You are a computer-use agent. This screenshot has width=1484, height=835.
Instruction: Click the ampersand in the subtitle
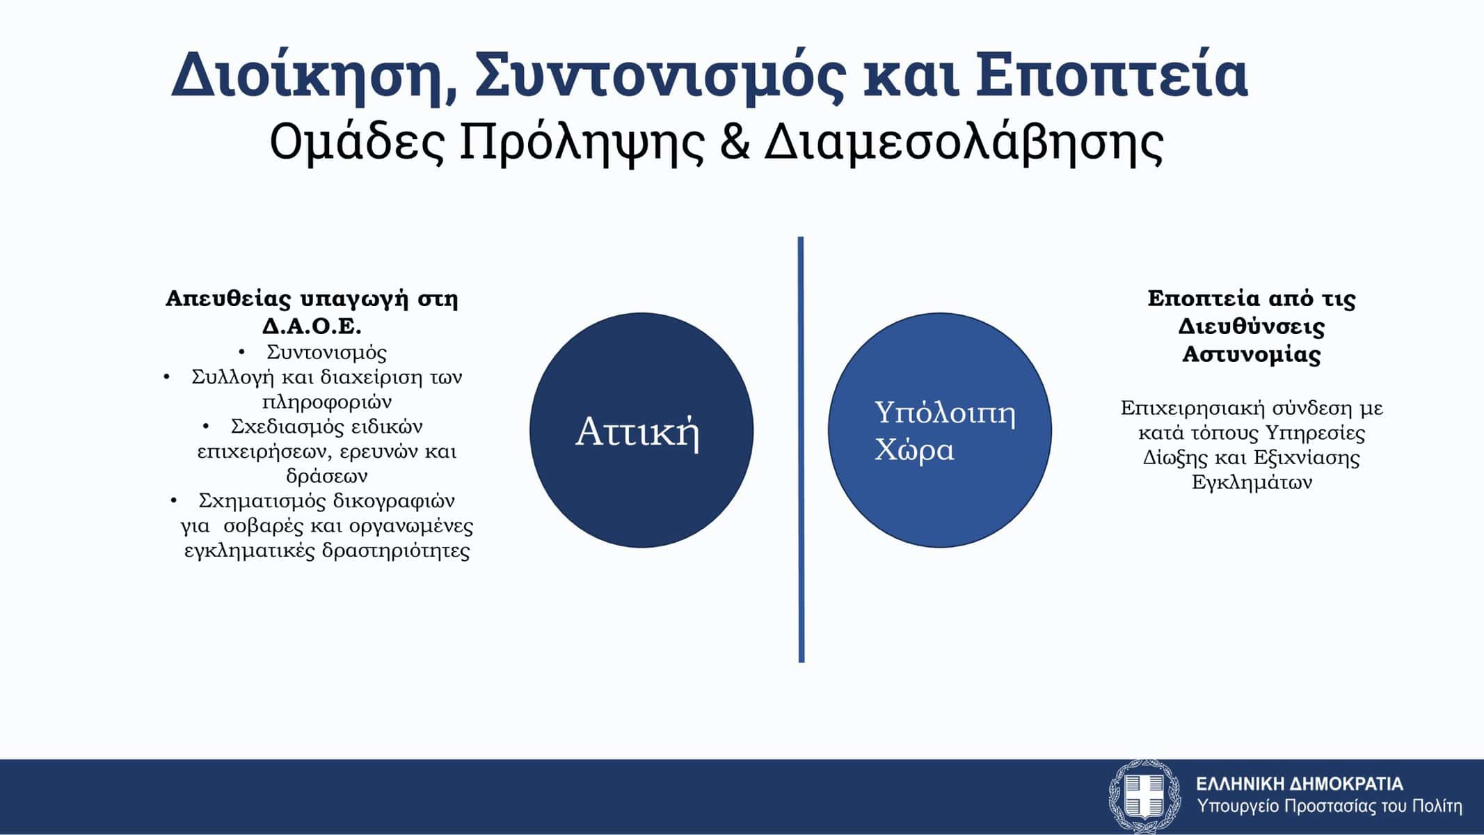(x=733, y=143)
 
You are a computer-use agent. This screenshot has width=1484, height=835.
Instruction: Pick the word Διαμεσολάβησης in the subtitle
(x=964, y=143)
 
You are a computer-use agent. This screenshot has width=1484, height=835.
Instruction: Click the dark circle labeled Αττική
(x=641, y=430)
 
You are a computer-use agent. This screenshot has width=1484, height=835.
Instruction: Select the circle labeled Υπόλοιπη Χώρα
(x=939, y=430)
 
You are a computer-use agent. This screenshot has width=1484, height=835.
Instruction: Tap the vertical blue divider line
(x=801, y=450)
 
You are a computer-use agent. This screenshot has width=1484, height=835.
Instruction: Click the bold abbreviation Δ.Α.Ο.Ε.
(x=312, y=326)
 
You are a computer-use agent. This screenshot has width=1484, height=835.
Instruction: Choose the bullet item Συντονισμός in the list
(x=326, y=352)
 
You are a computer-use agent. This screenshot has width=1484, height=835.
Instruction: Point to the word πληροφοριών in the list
(x=327, y=402)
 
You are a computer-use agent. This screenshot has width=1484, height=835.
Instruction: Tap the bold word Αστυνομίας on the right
(x=1252, y=354)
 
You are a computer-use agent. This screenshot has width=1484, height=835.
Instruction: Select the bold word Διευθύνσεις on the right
(x=1252, y=326)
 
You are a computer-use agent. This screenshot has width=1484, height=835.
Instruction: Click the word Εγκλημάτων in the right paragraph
(x=1252, y=482)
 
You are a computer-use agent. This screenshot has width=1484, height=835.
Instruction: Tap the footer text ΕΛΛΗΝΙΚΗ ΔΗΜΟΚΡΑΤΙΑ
(x=1300, y=784)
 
